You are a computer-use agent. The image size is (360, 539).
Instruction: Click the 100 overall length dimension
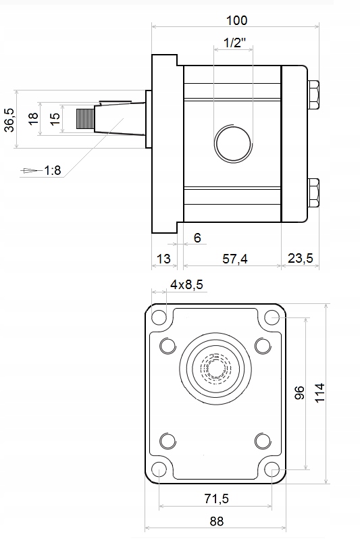click(236, 21)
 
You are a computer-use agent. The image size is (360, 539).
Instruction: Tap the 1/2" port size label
click(235, 43)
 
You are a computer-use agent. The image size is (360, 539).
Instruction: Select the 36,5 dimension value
click(9, 120)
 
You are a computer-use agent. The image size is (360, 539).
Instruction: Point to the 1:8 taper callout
click(53, 170)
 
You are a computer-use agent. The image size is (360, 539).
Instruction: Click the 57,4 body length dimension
click(235, 259)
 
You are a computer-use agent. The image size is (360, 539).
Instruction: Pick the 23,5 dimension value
click(300, 258)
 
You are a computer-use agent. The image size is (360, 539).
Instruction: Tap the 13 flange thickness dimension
click(163, 259)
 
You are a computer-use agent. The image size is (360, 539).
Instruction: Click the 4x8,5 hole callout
click(186, 284)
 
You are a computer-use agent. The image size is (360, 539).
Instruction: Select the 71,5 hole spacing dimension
click(216, 498)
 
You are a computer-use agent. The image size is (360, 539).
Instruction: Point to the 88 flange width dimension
click(217, 521)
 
